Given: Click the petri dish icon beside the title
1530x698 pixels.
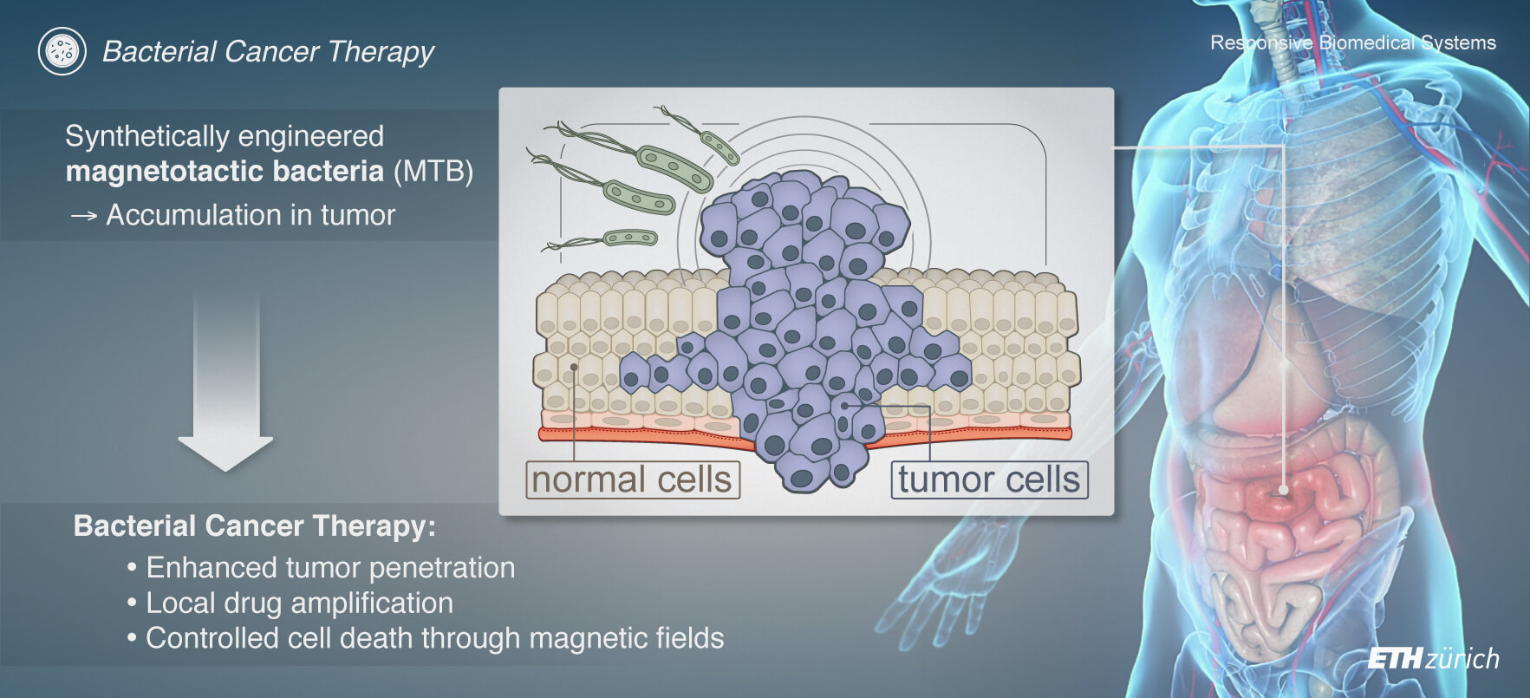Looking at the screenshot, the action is pos(62,51).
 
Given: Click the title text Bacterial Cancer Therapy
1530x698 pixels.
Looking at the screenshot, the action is pos(268,52).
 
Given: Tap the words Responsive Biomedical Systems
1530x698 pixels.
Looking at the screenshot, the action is pos(1353,42).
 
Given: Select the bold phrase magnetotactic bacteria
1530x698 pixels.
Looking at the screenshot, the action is pos(225,171).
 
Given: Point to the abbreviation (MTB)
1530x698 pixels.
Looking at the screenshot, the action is pos(433,171).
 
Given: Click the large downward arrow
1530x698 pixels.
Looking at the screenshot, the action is pos(225,382).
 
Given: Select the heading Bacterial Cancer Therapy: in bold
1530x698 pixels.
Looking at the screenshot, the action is pos(255,526).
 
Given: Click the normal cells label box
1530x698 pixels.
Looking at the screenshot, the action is pos(633,479).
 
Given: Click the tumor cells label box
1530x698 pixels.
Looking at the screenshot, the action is pos(989,479).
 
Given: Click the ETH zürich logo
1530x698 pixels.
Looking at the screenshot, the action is pos(1433,659).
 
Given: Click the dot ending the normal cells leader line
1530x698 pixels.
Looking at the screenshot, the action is pos(574,367).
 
